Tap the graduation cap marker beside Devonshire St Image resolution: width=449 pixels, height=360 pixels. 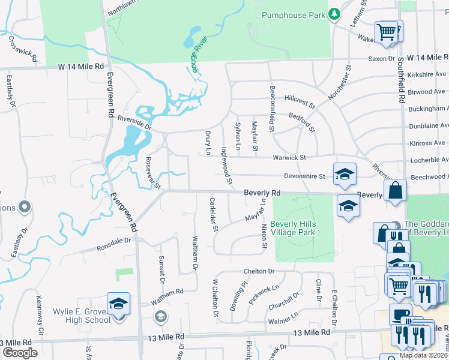click(345, 175)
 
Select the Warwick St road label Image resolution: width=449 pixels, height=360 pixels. click(289, 157)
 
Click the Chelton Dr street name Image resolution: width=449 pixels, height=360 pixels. click(259, 271)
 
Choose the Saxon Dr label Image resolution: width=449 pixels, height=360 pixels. click(382, 59)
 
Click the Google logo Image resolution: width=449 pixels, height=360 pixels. click(19, 352)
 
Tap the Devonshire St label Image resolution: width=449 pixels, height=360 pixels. click(304, 176)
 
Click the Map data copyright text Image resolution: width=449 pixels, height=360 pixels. click(423, 355)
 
